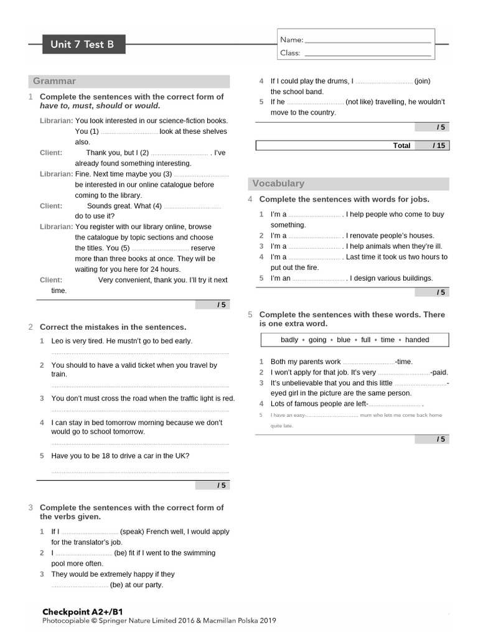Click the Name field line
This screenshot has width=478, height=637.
tap(368, 41)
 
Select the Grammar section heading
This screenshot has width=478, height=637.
tap(55, 81)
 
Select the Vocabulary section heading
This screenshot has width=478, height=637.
tap(278, 184)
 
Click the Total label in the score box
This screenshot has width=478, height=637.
tap(401, 146)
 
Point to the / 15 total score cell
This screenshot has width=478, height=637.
tap(439, 146)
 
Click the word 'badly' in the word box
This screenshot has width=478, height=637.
tap(289, 340)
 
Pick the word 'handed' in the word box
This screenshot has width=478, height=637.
tap(417, 340)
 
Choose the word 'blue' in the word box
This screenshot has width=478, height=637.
tap(344, 340)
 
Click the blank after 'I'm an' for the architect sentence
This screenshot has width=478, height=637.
tap(319, 279)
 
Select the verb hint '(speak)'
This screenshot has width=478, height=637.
tap(132, 532)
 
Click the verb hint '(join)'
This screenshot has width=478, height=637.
tap(422, 81)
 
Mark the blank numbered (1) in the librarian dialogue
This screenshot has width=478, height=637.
tap(129, 133)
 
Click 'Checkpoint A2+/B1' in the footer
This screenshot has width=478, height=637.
tap(82, 612)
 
